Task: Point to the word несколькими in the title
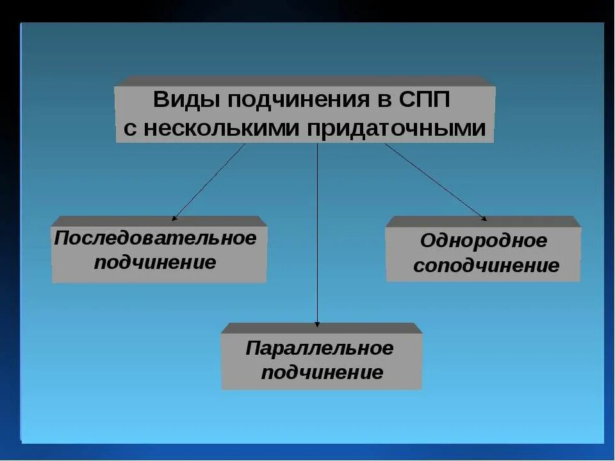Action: pos(222,128)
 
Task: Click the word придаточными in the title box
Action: pos(396,128)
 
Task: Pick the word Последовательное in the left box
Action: pos(156,239)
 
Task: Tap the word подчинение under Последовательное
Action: pos(156,263)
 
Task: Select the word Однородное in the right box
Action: pos(484,242)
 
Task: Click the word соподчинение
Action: pos(486,266)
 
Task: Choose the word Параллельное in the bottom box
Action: pos(320,349)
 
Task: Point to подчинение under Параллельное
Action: pos(322,373)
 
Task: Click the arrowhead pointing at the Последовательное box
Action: pos(174,218)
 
